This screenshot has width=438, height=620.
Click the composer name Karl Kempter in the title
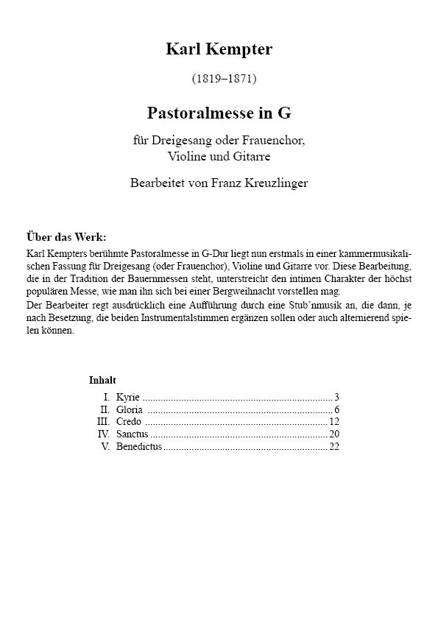(219, 49)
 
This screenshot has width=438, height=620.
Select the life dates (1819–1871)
(224, 77)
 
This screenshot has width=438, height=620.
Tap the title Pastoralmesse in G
(219, 113)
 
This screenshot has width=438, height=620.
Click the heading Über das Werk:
(66, 237)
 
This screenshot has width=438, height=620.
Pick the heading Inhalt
(102, 381)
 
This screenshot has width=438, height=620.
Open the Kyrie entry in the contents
(128, 397)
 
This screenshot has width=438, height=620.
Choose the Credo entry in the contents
(129, 422)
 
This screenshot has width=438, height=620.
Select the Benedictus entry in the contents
(138, 447)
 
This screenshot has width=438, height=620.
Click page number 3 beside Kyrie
(336, 397)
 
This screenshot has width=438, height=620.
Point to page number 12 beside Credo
(334, 422)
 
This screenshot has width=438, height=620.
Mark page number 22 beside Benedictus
(334, 447)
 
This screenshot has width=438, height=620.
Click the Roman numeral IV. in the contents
(104, 434)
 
